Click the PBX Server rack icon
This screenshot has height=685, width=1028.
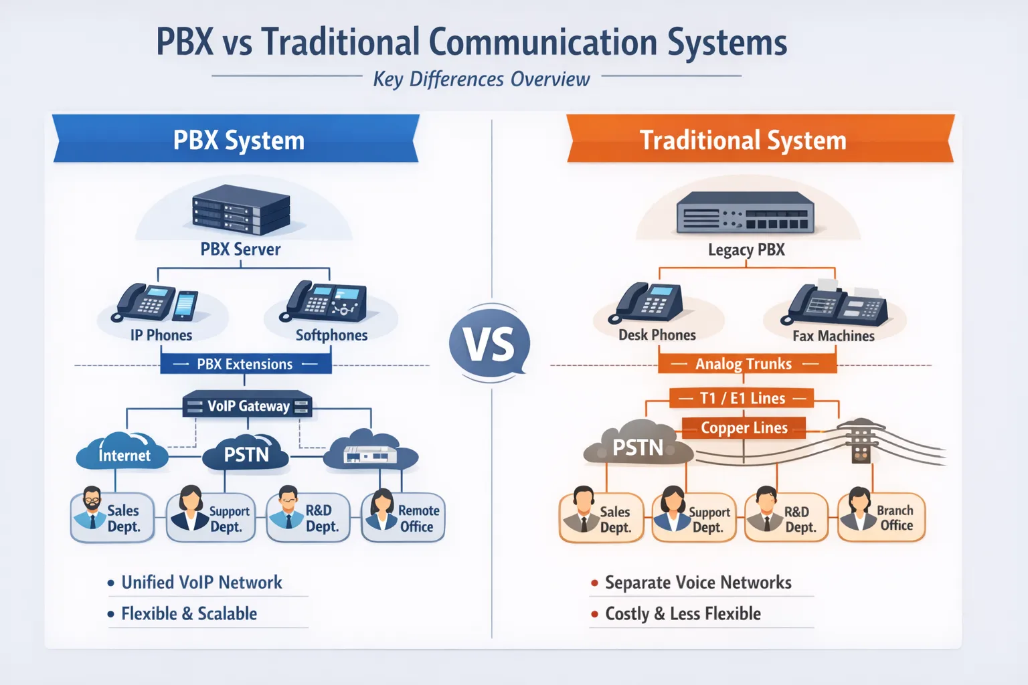[241, 209]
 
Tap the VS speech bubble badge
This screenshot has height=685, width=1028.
[490, 344]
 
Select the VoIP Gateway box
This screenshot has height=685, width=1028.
[248, 405]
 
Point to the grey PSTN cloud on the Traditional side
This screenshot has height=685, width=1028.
[636, 445]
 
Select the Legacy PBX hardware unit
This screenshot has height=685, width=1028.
[745, 213]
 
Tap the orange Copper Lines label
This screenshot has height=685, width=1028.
[744, 427]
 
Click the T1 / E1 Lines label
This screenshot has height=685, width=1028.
[742, 398]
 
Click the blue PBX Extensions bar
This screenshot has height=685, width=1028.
[246, 364]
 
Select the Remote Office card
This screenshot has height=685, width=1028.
[403, 518]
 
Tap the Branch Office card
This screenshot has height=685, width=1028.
[881, 518]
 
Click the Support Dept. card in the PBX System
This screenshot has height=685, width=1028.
[211, 518]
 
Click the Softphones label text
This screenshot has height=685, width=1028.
[331, 335]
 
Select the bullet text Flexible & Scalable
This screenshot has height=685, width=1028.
[189, 613]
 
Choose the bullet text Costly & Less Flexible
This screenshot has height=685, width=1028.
[683, 613]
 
